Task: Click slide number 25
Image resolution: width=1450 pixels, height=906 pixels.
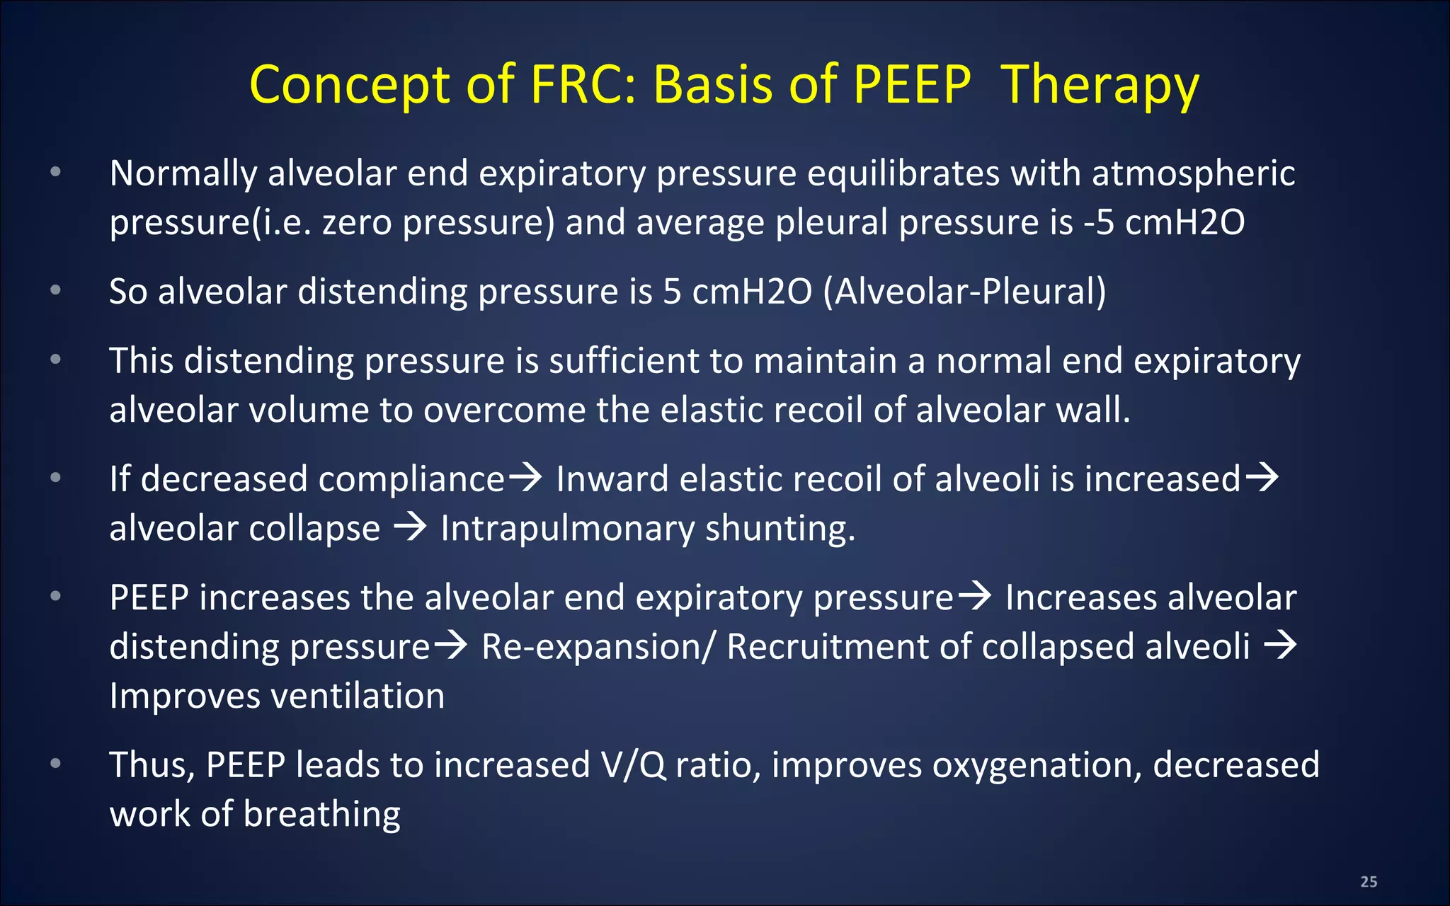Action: coord(1369,881)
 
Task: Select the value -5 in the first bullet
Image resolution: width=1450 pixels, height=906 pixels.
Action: coord(1099,222)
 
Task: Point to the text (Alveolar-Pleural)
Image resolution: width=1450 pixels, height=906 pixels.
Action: coord(964,292)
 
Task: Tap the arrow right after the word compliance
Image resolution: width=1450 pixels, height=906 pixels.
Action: coord(525,478)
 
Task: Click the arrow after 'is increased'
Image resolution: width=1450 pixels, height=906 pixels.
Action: coord(1262,478)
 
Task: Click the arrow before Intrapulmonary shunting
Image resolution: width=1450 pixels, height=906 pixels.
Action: coord(410,527)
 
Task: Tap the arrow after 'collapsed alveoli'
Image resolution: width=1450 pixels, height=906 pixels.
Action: coord(1280,646)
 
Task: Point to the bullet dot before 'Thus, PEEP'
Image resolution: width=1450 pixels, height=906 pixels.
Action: coord(56,763)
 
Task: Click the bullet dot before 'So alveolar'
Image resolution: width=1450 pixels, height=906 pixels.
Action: coord(56,289)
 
